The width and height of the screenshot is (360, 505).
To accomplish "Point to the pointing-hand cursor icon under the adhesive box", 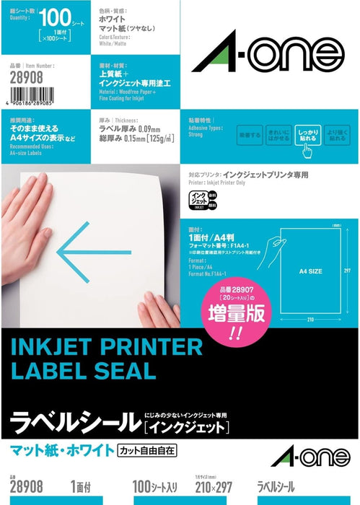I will coord(306,149).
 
